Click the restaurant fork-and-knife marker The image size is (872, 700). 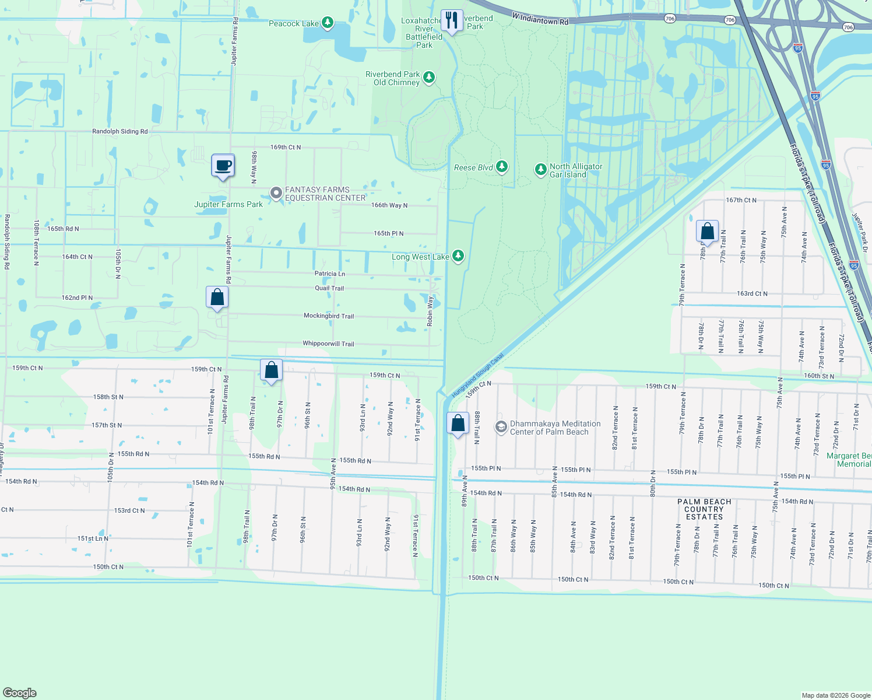452,20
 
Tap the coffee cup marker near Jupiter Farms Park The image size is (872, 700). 223,166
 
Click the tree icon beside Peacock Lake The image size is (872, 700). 328,23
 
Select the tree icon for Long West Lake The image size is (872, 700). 458,256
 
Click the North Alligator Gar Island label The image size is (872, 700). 575,170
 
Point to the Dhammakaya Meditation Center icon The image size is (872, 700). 501,428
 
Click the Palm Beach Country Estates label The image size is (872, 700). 704,509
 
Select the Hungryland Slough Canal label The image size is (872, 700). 478,376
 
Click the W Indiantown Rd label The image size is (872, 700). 540,19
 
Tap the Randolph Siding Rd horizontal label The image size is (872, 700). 120,131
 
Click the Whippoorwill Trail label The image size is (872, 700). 328,344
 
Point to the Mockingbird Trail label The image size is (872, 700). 329,316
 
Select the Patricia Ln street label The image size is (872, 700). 330,274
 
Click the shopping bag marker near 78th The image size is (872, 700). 707,232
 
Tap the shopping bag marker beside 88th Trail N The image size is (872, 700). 458,423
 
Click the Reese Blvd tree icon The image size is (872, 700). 501,167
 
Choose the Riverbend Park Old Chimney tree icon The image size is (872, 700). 429,78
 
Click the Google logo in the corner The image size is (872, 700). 19,693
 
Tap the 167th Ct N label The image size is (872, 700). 741,200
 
